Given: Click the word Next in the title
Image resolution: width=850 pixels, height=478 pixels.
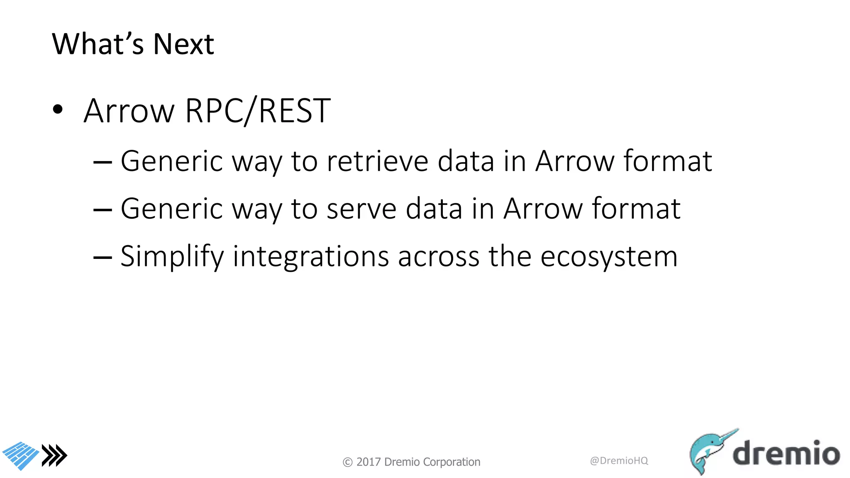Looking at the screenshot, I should point(183,44).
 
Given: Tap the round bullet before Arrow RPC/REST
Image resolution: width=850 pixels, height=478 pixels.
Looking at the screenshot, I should point(58,110).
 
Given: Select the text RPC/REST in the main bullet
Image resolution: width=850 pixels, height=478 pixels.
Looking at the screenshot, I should point(258,111).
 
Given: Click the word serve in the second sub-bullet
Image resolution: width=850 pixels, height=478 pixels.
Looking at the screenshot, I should point(361,208).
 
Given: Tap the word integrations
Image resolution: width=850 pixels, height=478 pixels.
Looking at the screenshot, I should point(311,256).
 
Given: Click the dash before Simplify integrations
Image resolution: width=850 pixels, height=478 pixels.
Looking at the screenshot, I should point(103,257).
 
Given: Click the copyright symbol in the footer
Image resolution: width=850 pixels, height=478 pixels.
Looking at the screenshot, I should point(347,462).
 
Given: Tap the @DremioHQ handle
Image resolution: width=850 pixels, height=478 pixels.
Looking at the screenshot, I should point(619,461).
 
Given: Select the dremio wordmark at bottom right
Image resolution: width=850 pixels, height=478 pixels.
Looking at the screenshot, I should point(786,453).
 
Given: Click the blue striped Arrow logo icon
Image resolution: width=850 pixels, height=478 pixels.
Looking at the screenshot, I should point(21,456).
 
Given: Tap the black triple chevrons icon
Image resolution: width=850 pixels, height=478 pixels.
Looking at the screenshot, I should point(54,456).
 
